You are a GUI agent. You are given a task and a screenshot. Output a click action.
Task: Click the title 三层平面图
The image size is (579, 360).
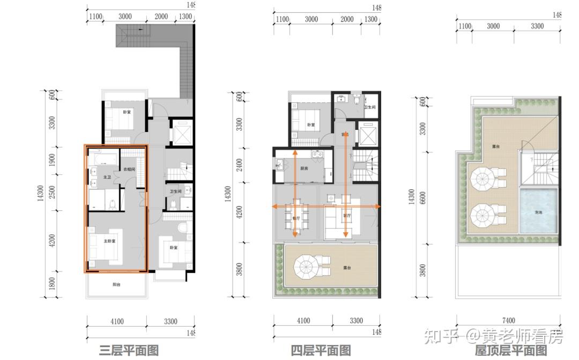click(x=129, y=351)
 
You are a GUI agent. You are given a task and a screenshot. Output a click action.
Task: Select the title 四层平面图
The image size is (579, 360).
click(x=321, y=351)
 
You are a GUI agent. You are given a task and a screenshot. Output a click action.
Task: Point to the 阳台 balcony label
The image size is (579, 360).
click(x=116, y=285)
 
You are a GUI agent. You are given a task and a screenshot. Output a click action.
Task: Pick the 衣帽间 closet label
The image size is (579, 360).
click(x=129, y=170)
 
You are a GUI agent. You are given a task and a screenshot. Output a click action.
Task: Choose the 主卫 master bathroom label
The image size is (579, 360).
click(x=107, y=177)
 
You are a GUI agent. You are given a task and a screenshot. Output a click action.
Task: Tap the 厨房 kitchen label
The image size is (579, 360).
click(x=304, y=168)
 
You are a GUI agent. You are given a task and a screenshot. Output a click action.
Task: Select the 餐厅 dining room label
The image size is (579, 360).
click(x=296, y=218)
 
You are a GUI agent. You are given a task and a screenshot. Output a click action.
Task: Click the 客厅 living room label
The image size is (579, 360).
click(x=347, y=216)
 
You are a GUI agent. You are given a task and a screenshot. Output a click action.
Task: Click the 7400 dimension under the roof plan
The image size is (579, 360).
click(x=509, y=321)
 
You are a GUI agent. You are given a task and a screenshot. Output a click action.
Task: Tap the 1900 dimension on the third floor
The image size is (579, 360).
click(x=53, y=160)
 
